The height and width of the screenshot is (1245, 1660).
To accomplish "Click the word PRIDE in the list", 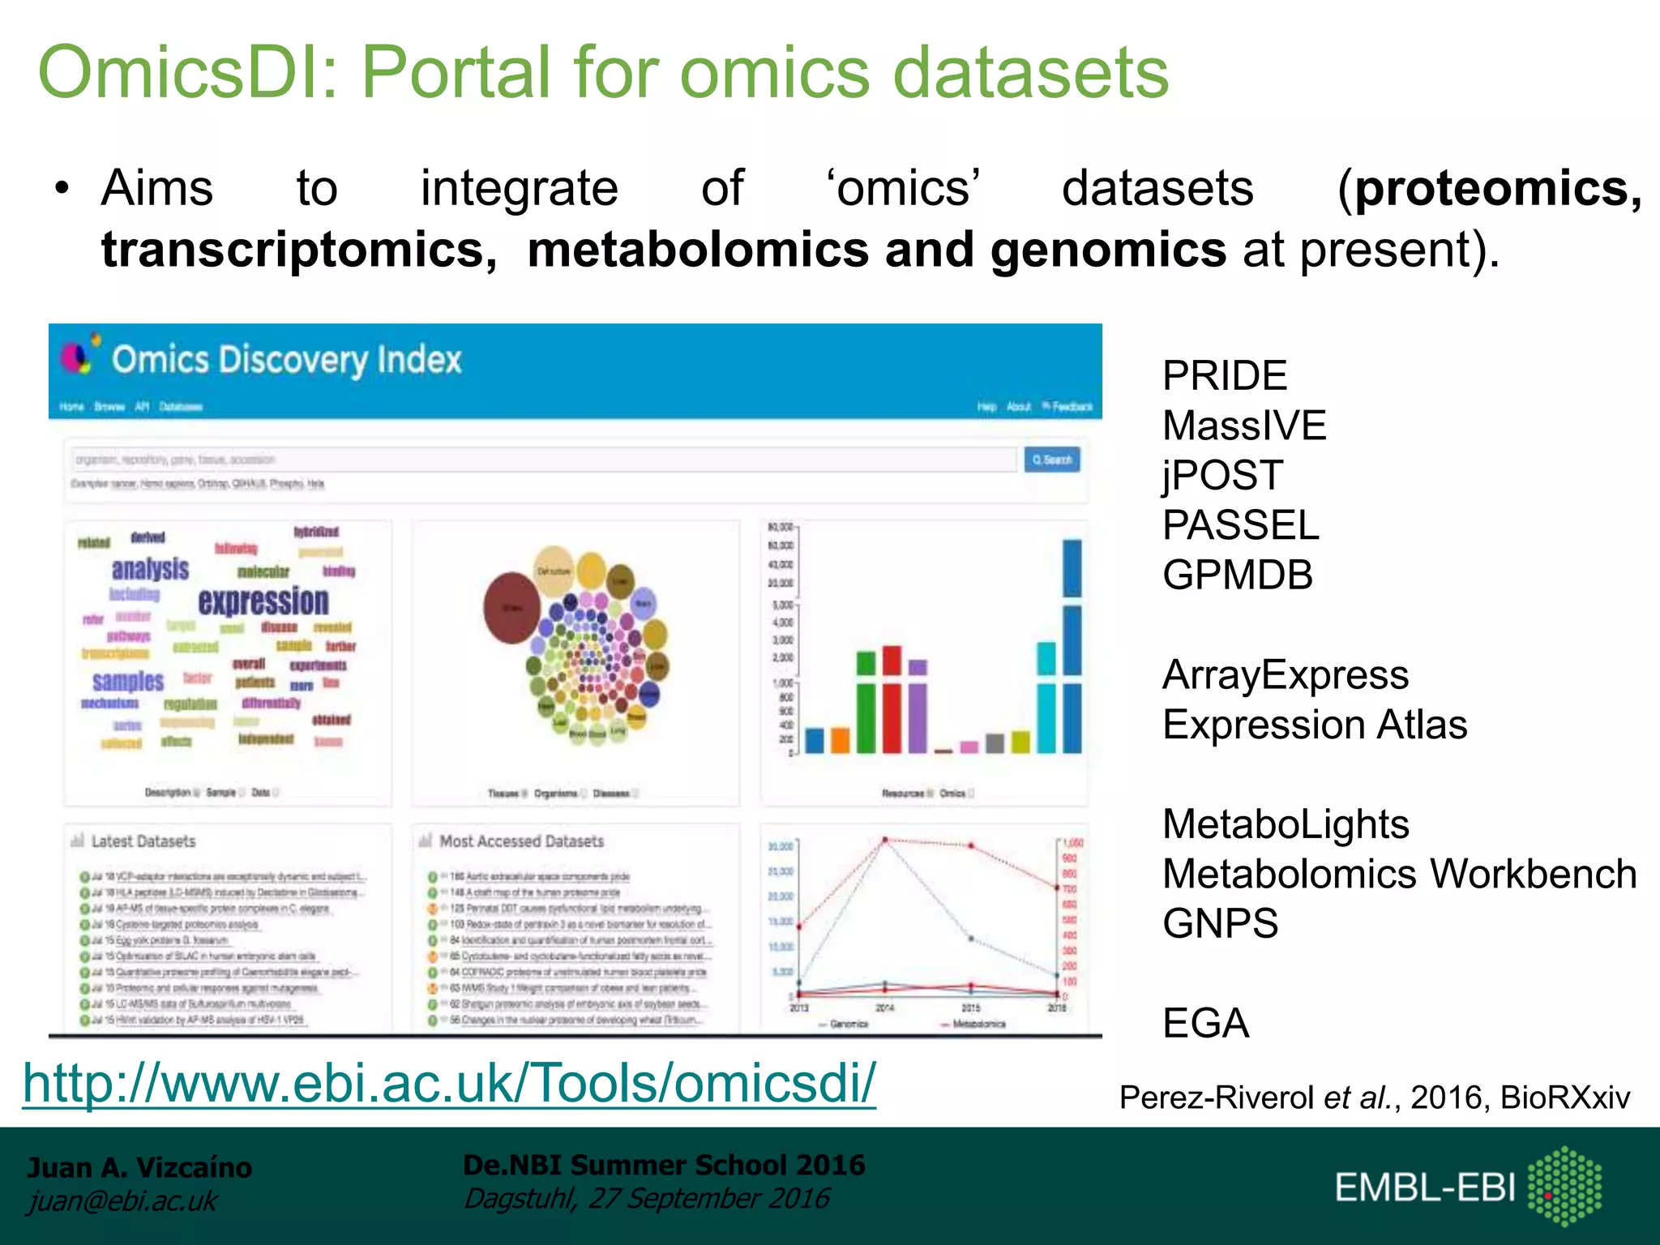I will click(x=1224, y=376).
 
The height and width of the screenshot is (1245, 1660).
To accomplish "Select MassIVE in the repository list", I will click(x=1243, y=426).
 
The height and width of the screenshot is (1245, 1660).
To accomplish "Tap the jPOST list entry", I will click(x=1222, y=476).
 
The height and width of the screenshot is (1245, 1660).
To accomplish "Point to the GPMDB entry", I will click(x=1237, y=575).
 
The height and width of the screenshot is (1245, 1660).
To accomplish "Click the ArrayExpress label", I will click(x=1286, y=675).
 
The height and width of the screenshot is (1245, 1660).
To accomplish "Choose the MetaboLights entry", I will click(x=1286, y=824).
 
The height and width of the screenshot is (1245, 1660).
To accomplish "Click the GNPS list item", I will click(x=1220, y=924).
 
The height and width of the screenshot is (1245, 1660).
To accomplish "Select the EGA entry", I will click(x=1205, y=1024).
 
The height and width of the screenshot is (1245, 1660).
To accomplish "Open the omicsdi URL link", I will click(x=450, y=1083).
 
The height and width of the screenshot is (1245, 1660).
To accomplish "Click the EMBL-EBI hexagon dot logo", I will click(x=1564, y=1186).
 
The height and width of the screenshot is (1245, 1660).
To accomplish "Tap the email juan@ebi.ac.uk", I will click(x=122, y=1201).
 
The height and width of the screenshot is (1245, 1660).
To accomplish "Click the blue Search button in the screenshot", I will click(x=1051, y=460).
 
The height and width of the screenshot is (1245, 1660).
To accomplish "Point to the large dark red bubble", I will click(x=512, y=608).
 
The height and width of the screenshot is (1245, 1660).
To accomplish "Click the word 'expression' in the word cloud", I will click(x=263, y=601).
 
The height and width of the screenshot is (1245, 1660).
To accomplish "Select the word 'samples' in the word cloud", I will click(x=128, y=681).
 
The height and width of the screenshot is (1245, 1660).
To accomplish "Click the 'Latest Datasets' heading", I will click(x=143, y=841).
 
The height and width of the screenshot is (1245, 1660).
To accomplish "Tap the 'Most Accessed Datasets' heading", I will click(x=521, y=841).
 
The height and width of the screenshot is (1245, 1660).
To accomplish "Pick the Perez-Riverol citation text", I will click(x=1374, y=1097).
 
